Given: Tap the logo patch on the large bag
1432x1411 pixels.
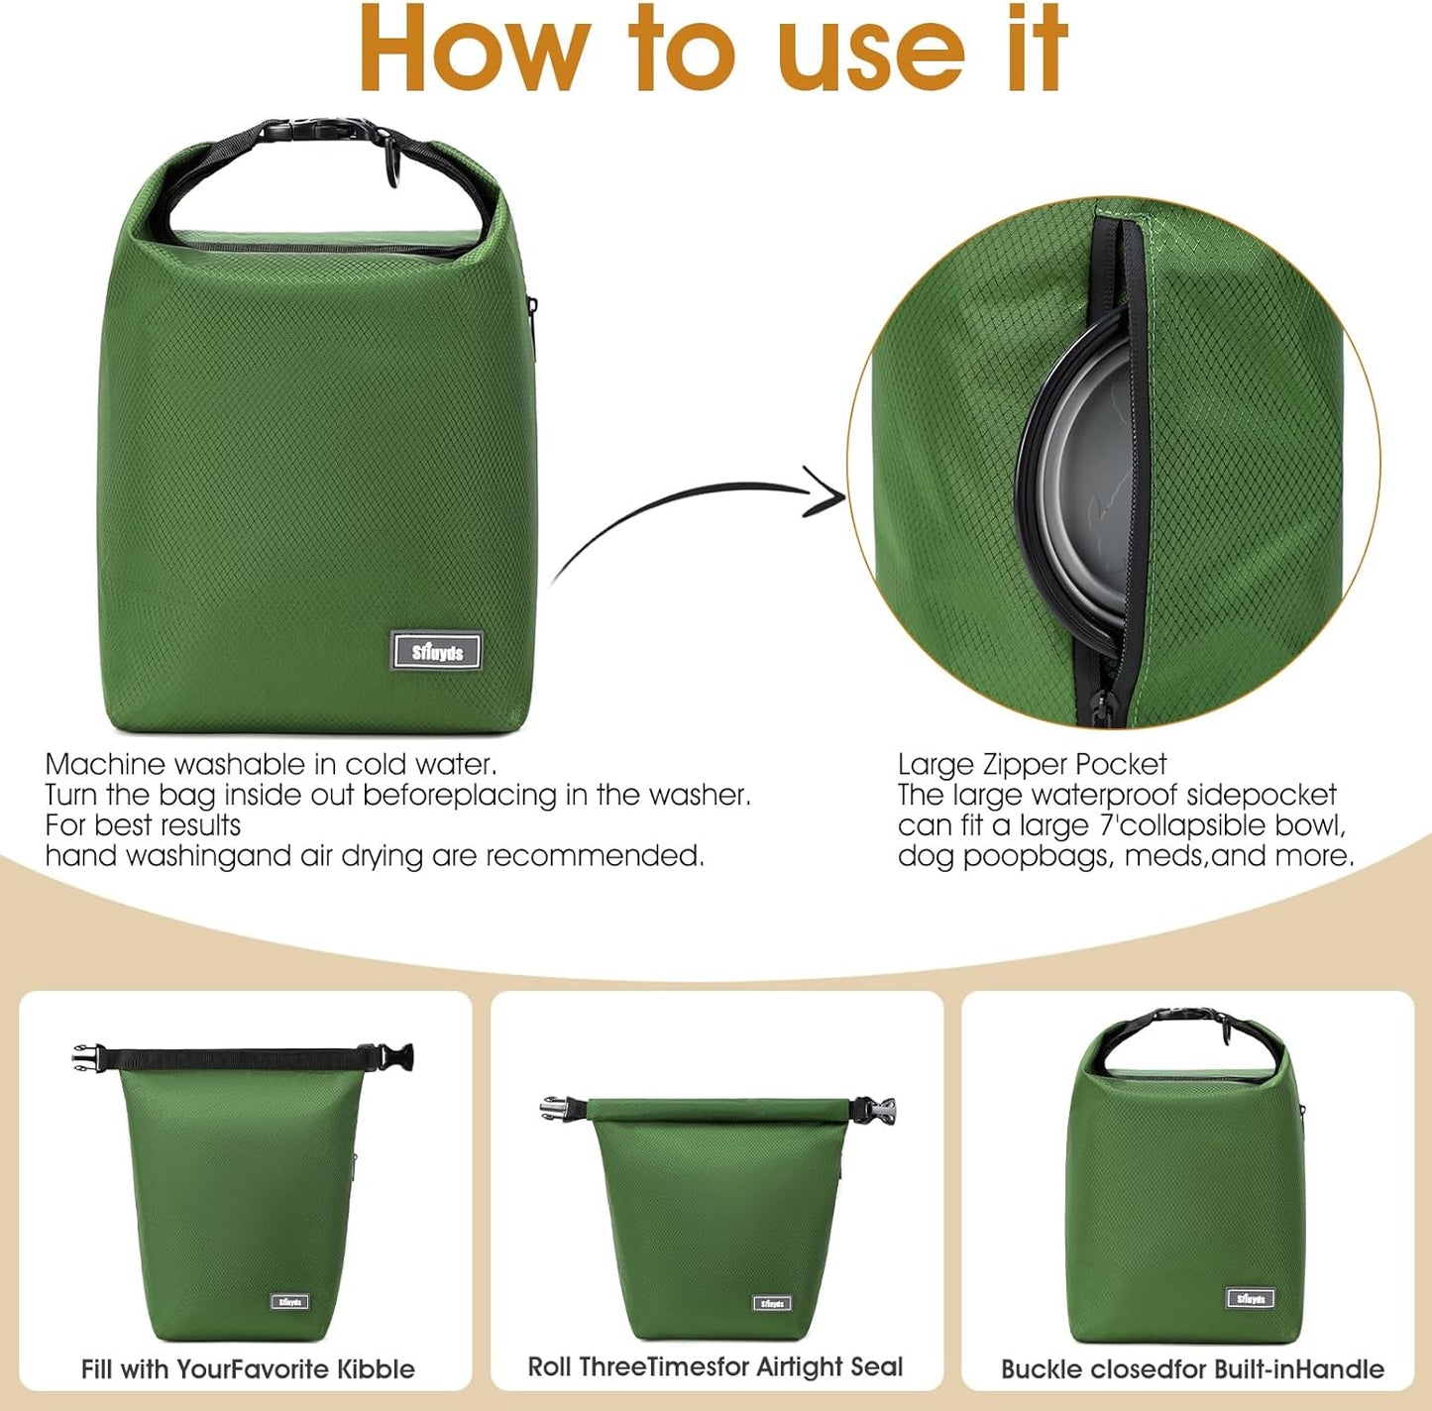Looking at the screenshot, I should (436, 651).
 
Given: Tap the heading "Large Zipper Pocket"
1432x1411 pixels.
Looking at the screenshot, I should (1032, 764).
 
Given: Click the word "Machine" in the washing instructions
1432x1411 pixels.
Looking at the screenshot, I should (105, 764).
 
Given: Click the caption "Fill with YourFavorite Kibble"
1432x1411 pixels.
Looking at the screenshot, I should (248, 1369).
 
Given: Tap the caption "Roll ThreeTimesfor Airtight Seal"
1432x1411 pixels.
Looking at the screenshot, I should (716, 1367).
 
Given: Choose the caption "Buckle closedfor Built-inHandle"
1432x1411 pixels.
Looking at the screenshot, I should (1192, 1369).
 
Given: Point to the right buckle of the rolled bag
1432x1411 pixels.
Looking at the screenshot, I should (878, 1110).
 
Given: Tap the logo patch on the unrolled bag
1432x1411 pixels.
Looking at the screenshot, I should (290, 1301).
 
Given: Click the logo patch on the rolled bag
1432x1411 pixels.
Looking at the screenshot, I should (771, 1303).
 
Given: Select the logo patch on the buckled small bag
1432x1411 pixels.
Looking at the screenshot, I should (1251, 1298).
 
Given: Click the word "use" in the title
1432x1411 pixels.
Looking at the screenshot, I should (872, 50).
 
